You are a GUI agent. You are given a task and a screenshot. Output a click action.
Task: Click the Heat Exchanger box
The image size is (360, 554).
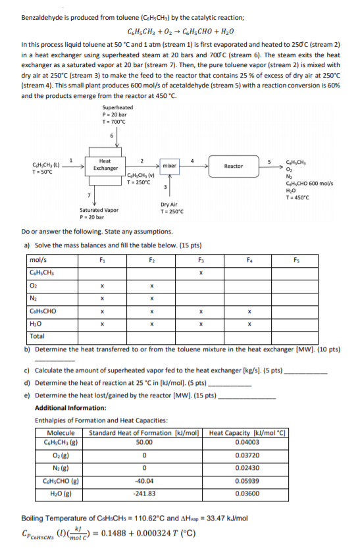point(105,164)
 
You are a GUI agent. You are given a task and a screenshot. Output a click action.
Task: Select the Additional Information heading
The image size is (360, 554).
point(70,408)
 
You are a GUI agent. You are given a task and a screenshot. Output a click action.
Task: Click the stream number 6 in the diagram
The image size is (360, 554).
point(112,135)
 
